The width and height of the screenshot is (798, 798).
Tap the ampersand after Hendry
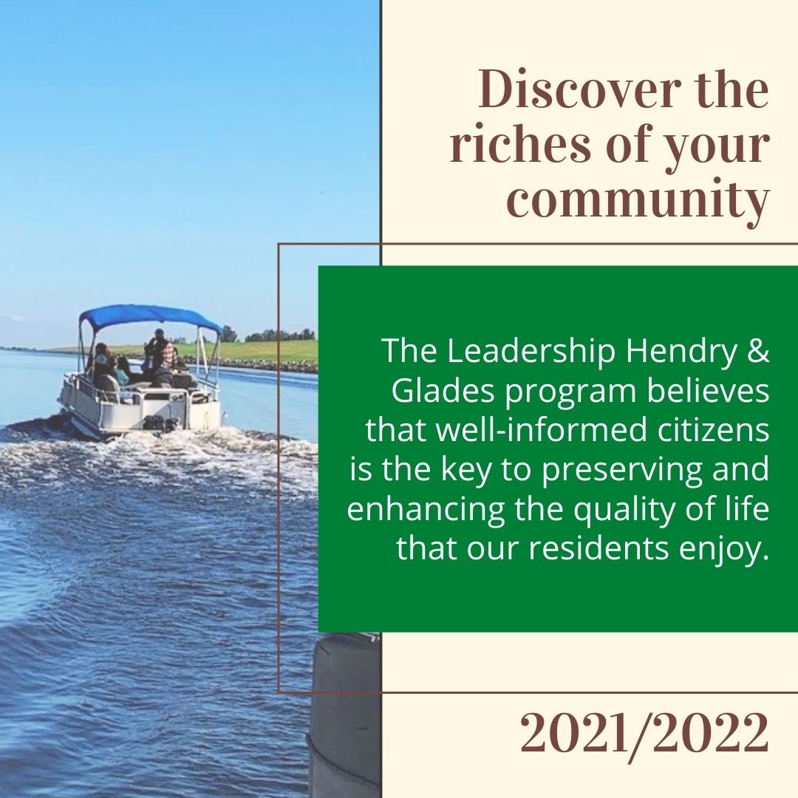(x=758, y=352)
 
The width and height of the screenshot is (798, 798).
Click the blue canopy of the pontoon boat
(x=148, y=316)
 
